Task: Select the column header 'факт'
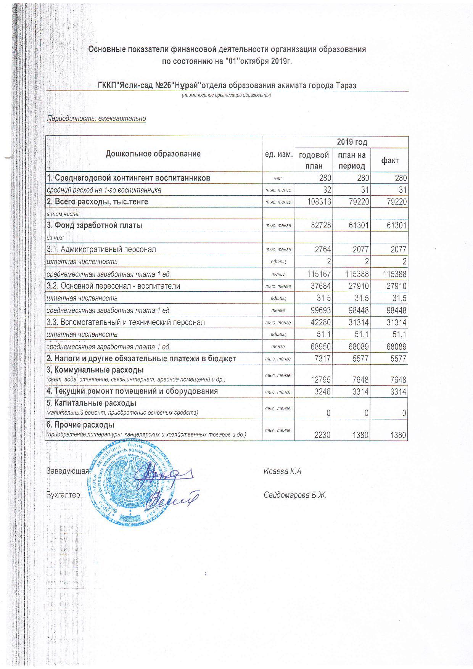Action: click(x=390, y=160)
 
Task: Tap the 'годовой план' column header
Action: click(x=314, y=160)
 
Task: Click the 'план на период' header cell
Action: click(x=351, y=160)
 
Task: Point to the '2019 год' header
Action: click(x=352, y=142)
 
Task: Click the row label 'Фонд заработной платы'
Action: click(x=95, y=225)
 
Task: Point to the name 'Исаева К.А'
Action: click(x=282, y=471)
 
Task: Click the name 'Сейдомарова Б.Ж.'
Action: click(x=295, y=495)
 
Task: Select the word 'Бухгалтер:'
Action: click(x=64, y=495)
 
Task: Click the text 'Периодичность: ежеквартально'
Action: click(x=96, y=119)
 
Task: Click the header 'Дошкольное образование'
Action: click(x=153, y=154)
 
